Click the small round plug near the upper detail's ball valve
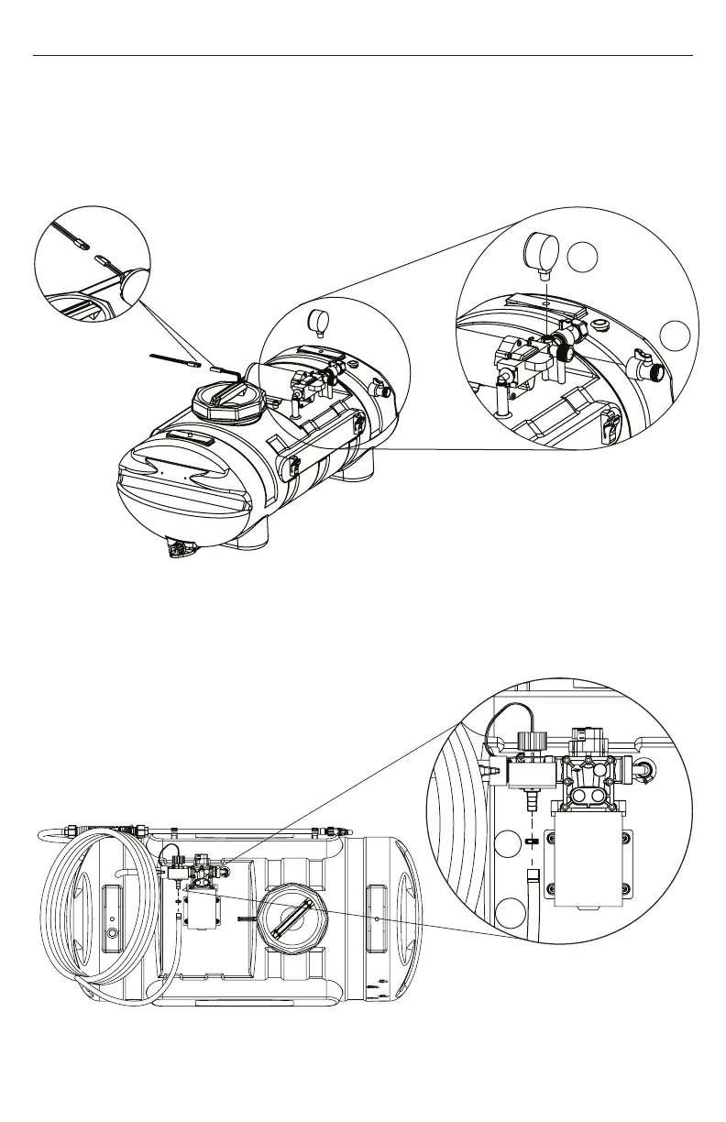pyautogui.click(x=601, y=324)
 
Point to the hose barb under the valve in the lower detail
pyautogui.click(x=528, y=804)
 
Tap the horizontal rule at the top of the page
pyautogui.click(x=363, y=55)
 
